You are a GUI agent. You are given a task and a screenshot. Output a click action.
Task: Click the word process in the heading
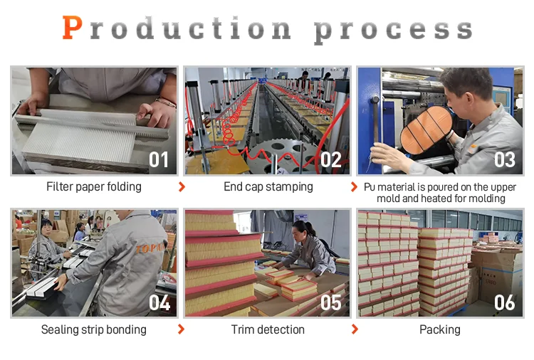tap(394, 30)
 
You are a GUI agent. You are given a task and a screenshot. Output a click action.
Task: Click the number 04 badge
tap(159, 303)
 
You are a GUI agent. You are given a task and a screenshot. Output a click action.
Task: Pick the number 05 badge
tap(331, 303)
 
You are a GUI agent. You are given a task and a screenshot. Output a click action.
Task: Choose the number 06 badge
tap(504, 303)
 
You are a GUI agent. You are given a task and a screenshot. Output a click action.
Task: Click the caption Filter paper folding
tap(94, 187)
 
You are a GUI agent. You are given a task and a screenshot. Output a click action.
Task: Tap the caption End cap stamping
tap(268, 187)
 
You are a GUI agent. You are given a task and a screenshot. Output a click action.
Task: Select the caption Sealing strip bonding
tap(94, 330)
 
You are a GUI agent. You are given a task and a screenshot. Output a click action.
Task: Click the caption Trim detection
tap(268, 330)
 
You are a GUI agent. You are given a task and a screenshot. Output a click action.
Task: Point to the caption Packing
tap(439, 330)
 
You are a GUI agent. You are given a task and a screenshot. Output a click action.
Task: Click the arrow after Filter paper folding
tap(182, 187)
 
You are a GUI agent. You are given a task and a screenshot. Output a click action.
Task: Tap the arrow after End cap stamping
tap(355, 187)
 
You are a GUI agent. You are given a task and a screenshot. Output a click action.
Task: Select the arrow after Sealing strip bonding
tap(182, 330)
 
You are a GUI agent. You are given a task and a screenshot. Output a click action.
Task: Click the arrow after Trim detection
tap(355, 330)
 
